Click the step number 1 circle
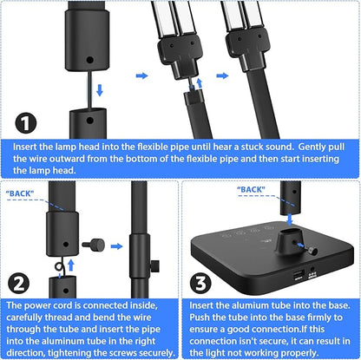26,122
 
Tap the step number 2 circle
18,284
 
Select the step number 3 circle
200,283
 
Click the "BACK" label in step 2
20,193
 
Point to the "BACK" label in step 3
251,189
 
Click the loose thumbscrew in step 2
93,245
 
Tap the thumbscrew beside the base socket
312,251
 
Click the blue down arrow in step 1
100,90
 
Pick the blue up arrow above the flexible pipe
200,82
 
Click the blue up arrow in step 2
71,265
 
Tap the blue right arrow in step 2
116,246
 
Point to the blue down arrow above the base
289,219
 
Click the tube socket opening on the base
291,232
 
